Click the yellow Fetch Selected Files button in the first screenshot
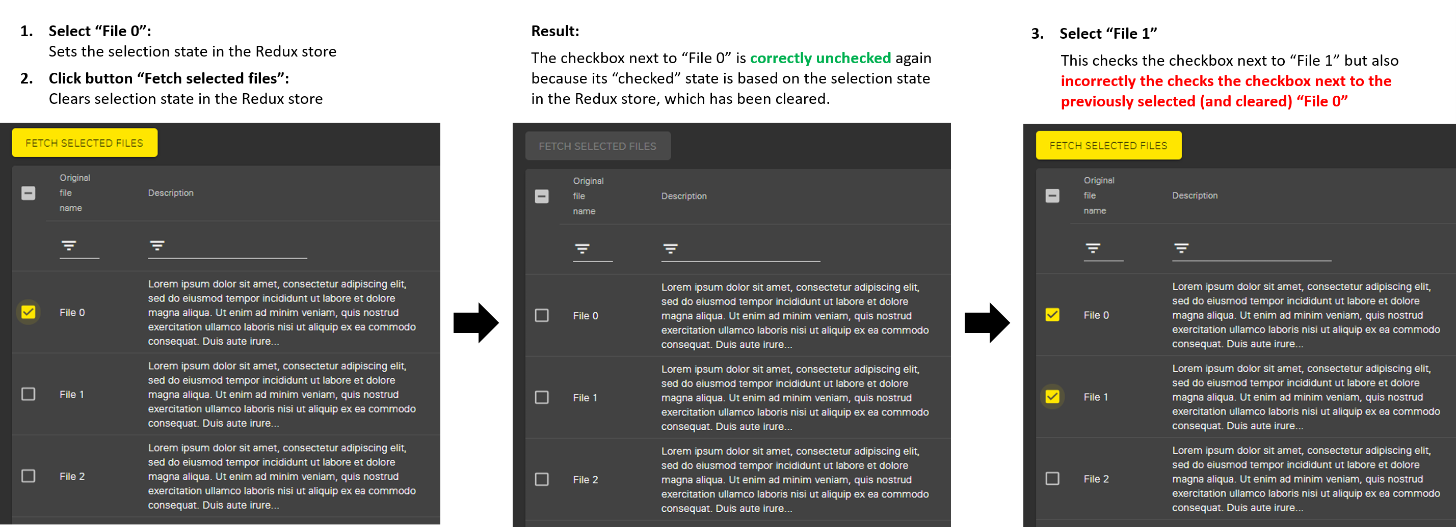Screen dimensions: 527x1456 coord(84,143)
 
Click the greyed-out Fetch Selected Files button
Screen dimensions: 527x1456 coord(597,146)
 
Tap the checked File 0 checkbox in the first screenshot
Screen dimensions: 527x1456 coord(28,312)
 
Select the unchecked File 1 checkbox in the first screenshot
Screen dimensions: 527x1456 coord(28,394)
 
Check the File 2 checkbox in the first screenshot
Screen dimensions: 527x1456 coord(28,476)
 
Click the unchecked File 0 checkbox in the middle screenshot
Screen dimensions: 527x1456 coord(542,315)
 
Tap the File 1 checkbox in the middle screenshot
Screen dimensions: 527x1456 coord(542,397)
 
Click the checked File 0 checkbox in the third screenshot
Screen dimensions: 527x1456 coord(1052,315)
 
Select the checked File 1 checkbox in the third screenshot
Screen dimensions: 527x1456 coord(1052,397)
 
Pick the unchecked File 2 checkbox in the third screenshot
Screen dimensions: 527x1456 coord(1052,479)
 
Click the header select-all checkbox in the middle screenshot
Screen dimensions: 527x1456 coord(542,197)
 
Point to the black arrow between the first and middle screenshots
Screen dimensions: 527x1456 coord(476,322)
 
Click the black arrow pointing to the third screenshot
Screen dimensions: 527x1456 coord(987,322)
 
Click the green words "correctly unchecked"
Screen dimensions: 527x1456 coord(820,58)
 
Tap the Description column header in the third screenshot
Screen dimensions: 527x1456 coord(1194,196)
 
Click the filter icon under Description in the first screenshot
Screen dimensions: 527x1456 coord(157,245)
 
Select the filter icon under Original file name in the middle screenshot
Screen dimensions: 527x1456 coord(581,248)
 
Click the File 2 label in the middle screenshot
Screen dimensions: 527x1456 coord(585,480)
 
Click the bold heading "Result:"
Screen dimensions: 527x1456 coord(555,31)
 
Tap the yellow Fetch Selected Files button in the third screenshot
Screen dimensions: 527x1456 coord(1108,146)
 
